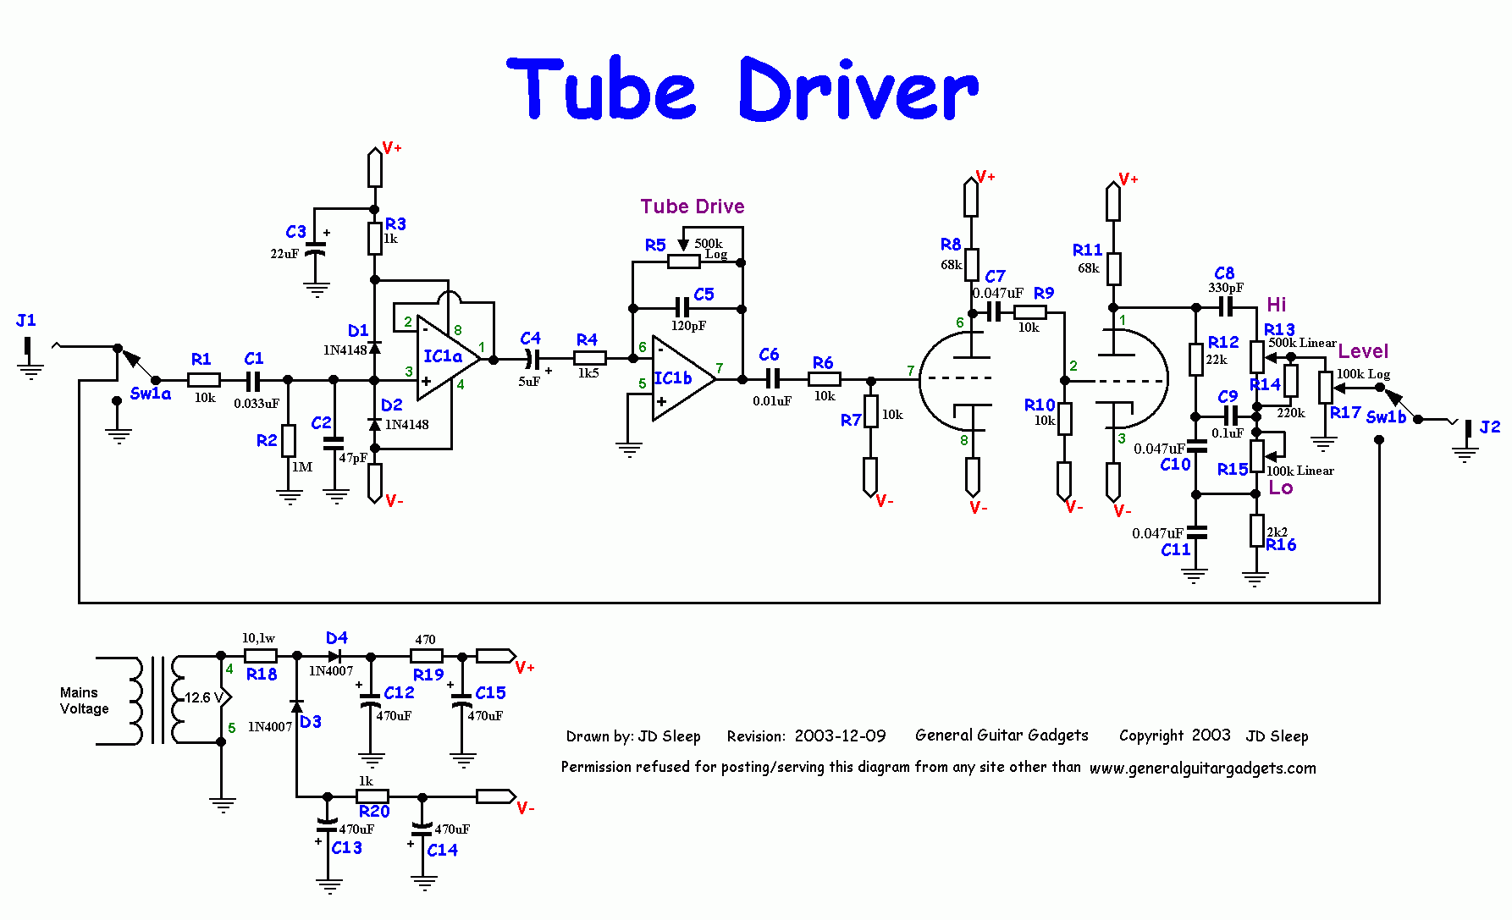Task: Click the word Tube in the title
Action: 603,89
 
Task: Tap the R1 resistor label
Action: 201,359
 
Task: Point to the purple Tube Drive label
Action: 693,207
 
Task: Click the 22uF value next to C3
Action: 284,254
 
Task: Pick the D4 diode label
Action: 337,637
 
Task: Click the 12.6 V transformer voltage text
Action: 203,697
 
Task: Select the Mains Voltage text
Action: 84,701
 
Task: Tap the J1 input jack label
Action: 26,320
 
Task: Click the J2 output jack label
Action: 1489,427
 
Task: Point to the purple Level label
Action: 1363,350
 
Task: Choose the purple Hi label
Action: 1276,305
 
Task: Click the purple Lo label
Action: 1280,488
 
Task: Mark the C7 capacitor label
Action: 995,276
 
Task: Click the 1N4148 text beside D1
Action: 345,350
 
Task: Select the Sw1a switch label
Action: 151,394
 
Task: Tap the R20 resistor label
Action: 374,811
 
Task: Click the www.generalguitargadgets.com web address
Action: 1202,769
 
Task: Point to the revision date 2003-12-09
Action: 840,736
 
